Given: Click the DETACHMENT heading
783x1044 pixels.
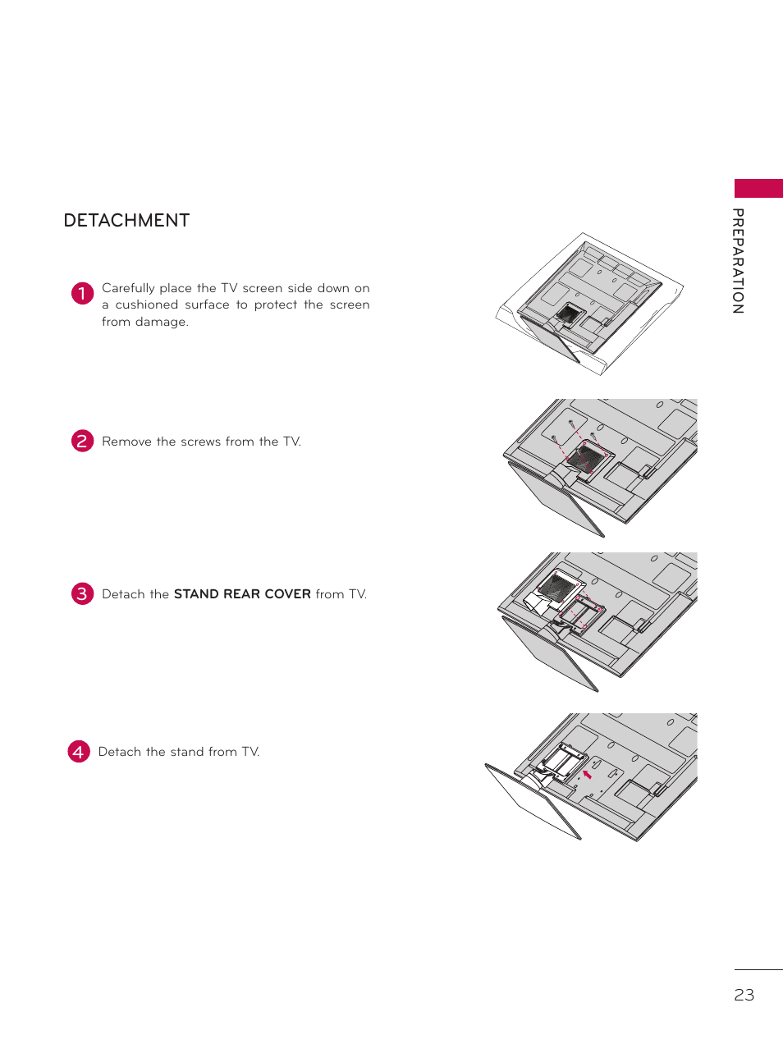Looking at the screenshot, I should pos(126,221).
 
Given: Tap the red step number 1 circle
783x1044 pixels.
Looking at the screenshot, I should pos(82,293).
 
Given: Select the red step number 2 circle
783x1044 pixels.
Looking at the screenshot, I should pos(82,441).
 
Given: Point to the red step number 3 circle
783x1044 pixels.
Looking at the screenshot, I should pos(82,593).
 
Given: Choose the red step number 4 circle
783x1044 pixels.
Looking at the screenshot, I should pos(79,751).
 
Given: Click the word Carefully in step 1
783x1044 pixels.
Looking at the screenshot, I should pos(128,288).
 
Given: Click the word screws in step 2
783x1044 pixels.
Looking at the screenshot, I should pos(200,442).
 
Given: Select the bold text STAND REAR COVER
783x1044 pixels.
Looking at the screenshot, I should pos(242,594).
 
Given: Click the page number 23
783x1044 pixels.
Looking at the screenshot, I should pos(744,995).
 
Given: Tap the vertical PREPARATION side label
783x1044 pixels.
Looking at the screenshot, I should pos(738,261).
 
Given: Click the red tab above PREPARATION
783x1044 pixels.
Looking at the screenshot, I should pos(758,188).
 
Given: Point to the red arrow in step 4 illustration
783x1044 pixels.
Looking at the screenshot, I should pos(587,774).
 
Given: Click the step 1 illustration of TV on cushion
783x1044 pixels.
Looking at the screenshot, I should pos(588,303).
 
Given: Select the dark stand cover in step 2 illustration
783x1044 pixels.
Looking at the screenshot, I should pos(586,456).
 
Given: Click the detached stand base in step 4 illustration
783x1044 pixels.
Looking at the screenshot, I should pos(533,800).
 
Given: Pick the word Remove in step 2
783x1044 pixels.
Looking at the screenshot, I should pos(126,442).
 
